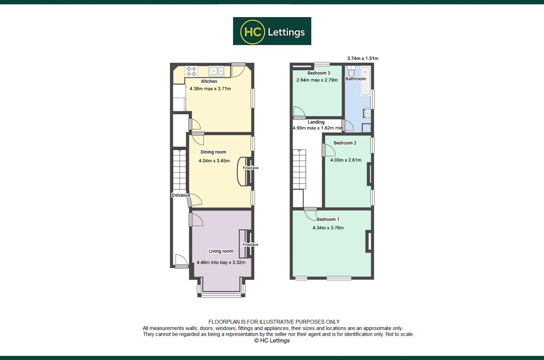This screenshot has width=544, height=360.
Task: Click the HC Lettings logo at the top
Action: [x=272, y=31]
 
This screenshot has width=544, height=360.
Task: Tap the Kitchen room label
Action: [x=209, y=81]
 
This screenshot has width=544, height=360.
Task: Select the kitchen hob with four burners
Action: [x=191, y=71]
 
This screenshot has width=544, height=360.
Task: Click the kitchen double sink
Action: [x=216, y=71]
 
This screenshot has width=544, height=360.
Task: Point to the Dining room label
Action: [x=213, y=152]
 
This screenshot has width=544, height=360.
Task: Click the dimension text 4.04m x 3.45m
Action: [x=214, y=161]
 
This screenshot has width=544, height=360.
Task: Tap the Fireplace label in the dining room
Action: [x=251, y=168]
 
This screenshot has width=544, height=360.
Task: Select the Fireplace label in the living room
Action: [x=251, y=245]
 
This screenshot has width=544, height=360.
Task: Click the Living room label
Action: [x=221, y=251]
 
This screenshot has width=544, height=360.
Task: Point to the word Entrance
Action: [x=181, y=195]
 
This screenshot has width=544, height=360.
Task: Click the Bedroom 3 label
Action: [x=319, y=73]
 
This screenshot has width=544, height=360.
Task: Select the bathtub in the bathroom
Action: [x=365, y=81]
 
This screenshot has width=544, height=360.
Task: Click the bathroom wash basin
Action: [x=367, y=113]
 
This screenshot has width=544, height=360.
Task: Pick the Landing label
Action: [x=316, y=122]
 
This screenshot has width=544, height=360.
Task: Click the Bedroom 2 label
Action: [x=345, y=143]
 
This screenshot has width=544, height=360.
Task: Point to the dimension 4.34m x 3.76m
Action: [x=328, y=228]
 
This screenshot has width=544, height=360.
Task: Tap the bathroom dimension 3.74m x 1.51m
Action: [x=363, y=59]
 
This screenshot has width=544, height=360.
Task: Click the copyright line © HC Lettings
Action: [x=272, y=340]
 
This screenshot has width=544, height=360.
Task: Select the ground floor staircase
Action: [x=180, y=170]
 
